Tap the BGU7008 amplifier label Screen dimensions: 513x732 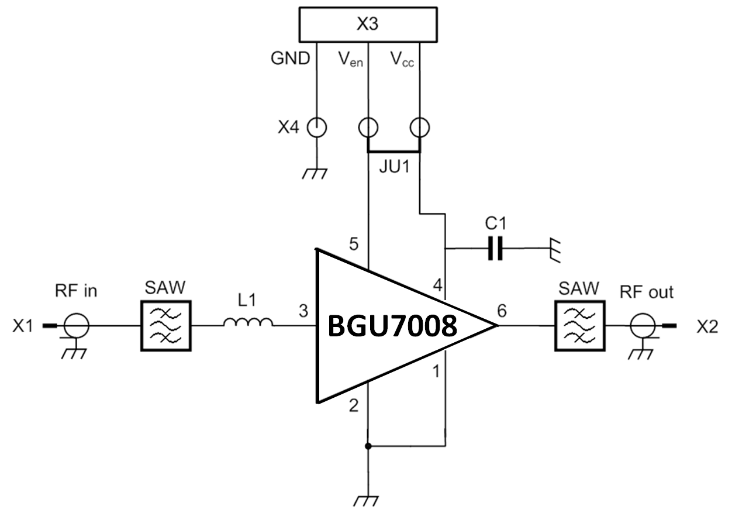coord(392,326)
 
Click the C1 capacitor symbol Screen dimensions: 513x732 coord(495,249)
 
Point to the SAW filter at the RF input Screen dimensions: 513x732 coord(165,326)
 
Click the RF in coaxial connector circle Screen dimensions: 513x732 coord(77,325)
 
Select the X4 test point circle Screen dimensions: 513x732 coord(316,127)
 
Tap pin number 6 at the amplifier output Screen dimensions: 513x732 coord(502,311)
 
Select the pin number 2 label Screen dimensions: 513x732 coord(353,405)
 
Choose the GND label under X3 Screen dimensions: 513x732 coord(290,58)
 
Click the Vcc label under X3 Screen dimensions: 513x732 coord(402,59)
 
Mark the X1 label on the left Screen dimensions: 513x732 coord(23,326)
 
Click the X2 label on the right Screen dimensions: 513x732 coord(707,326)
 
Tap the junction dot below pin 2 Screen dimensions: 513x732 coord(368,446)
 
